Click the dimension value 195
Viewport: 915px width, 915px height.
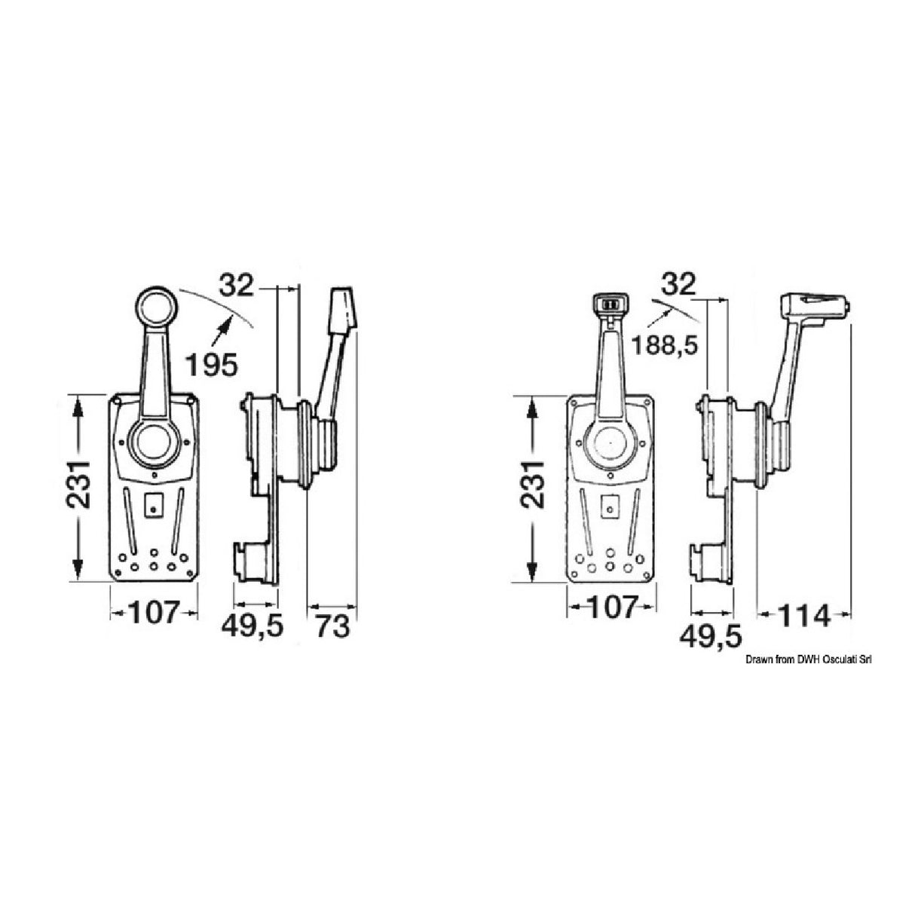pyautogui.click(x=211, y=364)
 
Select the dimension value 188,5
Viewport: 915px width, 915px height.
pyautogui.click(x=665, y=346)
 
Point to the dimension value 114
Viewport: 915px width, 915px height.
pyautogui.click(x=803, y=617)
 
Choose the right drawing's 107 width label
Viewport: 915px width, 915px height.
pyautogui.click(x=611, y=607)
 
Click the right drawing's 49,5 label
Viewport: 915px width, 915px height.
pyautogui.click(x=710, y=637)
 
